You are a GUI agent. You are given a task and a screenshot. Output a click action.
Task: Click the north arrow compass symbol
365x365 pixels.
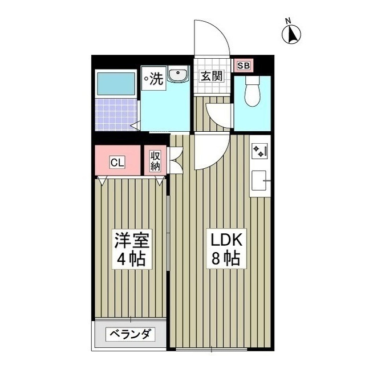point(292,34)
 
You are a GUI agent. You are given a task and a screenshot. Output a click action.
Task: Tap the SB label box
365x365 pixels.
point(243,65)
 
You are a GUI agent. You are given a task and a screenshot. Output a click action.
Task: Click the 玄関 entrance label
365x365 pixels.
point(211,76)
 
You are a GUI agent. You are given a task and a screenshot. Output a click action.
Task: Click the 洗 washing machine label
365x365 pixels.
point(154,79)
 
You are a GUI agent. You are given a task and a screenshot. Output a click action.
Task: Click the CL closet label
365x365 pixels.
point(117,163)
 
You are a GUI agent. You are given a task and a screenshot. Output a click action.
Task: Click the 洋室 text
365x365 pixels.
point(130,239)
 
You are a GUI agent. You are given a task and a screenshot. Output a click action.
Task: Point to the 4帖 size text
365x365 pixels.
point(130,259)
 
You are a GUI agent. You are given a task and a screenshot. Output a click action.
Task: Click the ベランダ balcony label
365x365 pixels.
point(129,334)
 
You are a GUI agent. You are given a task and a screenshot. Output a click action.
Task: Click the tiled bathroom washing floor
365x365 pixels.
point(116,114)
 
